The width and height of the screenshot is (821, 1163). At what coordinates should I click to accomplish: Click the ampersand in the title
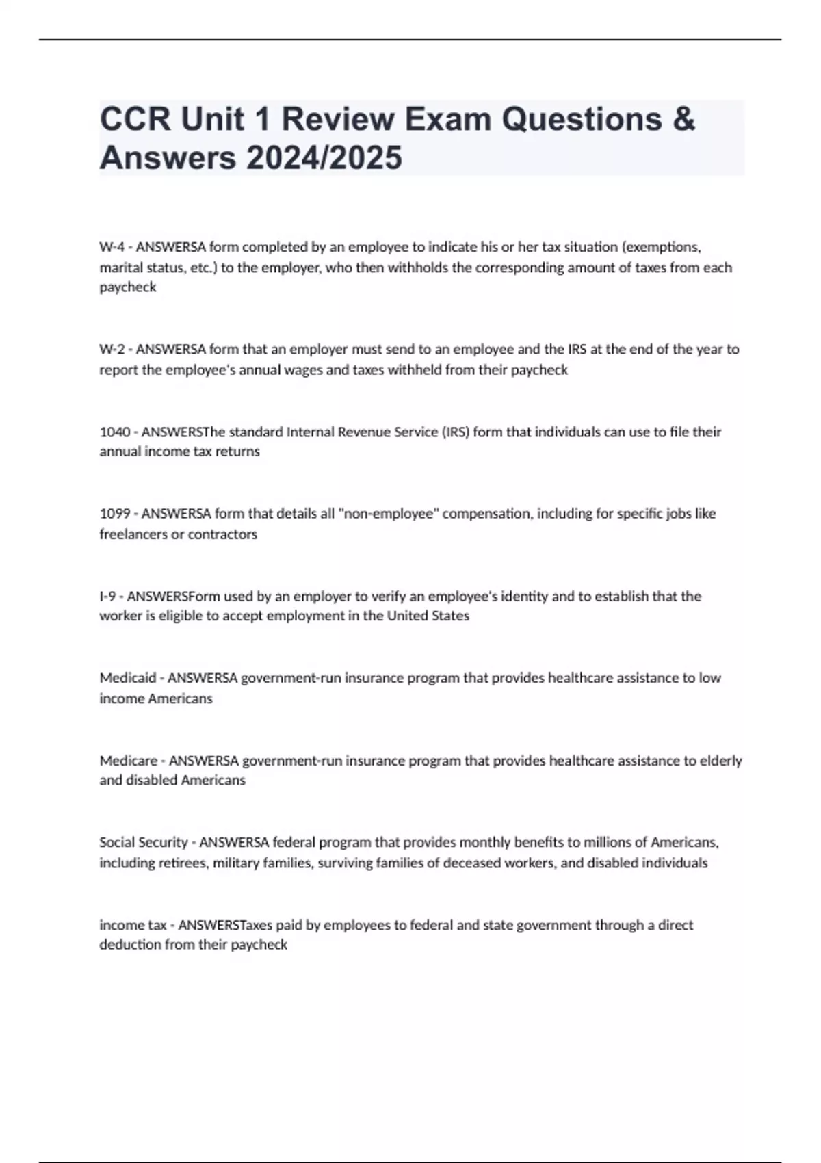coord(683,120)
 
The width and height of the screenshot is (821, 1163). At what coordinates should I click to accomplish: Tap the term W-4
coord(111,247)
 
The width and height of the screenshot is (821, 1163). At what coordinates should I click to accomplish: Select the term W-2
coord(112,350)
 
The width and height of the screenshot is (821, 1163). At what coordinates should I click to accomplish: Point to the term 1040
coord(114,432)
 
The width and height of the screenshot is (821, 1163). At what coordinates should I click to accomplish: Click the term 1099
coord(114,514)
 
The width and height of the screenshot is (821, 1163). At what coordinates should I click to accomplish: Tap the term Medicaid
coord(127,678)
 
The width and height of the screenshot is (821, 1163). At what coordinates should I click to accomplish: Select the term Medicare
coord(128,761)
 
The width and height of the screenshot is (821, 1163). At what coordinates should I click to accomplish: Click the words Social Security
coord(144,842)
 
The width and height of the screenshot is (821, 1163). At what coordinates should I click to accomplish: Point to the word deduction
coord(130,945)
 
